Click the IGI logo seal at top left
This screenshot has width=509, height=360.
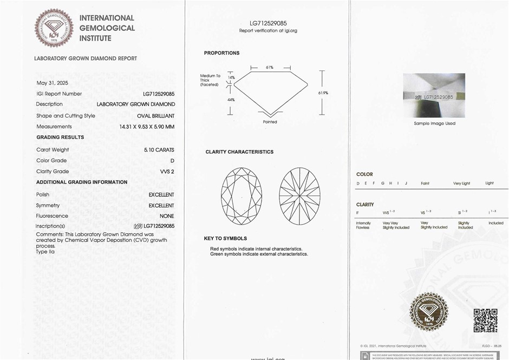(54, 28)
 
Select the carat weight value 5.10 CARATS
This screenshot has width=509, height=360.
(159, 149)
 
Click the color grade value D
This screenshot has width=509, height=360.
(172, 161)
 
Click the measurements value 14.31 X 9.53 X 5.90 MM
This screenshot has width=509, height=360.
(147, 127)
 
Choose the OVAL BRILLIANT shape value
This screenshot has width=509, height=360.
(155, 116)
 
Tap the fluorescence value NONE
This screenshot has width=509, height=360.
(167, 216)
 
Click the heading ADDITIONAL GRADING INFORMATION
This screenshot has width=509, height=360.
(82, 182)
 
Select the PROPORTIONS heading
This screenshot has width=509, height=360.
(221, 53)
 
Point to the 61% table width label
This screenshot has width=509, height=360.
(270, 68)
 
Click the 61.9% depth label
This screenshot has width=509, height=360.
(323, 93)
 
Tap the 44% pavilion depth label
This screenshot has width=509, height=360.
(231, 100)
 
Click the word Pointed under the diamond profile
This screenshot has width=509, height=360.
(270, 122)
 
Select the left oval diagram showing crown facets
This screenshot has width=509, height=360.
(242, 195)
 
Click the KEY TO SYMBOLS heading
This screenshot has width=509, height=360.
(225, 238)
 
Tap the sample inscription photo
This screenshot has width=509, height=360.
(434, 95)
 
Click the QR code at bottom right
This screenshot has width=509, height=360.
(485, 320)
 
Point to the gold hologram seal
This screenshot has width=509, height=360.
(429, 312)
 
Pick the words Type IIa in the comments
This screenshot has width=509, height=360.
(45, 252)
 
